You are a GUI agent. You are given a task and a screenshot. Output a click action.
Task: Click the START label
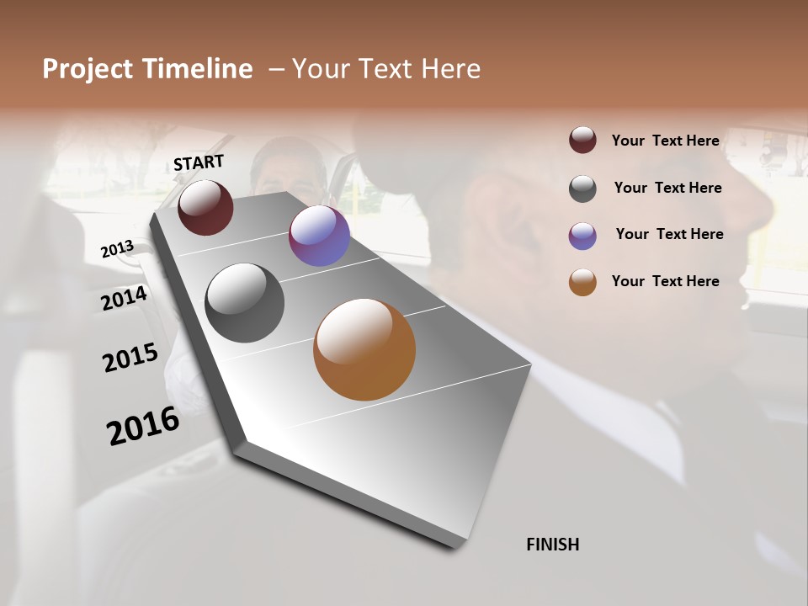coord(199,162)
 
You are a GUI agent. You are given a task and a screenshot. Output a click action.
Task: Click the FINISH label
coord(552,545)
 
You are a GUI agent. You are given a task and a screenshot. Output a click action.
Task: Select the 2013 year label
coord(117,249)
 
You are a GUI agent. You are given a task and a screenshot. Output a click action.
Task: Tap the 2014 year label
coord(124,298)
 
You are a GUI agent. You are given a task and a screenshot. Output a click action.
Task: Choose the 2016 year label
coord(142,426)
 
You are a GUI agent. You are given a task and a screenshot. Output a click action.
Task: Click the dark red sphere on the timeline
coord(205,207)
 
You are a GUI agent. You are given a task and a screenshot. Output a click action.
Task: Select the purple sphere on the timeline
coord(319,236)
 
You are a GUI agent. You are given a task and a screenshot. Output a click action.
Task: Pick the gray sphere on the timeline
coord(244,303)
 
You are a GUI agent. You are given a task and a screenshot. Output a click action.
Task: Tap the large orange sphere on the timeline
coord(364,349)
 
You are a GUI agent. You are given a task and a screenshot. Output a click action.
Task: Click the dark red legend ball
coord(582,140)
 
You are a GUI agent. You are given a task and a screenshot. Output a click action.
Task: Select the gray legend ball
coord(582,189)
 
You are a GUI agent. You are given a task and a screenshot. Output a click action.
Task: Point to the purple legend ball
coord(582,236)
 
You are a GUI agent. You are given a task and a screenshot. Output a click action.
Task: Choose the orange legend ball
coord(582,282)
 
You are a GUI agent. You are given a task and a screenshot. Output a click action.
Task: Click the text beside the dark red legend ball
coord(665,141)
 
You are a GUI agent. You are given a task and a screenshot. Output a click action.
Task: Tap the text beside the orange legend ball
coord(665,281)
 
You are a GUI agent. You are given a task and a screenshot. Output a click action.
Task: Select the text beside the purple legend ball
coord(669,234)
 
